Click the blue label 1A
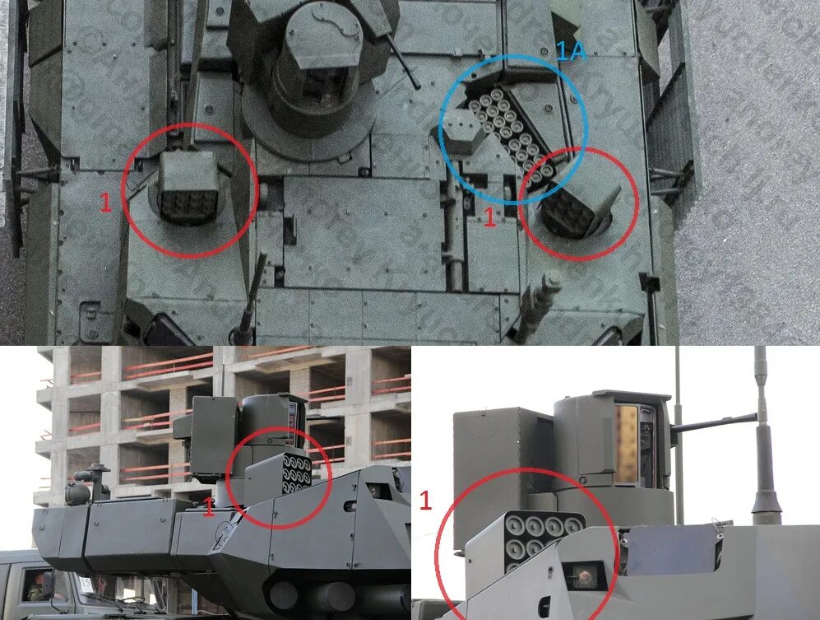pos(569,53)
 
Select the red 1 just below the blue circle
pos(489,217)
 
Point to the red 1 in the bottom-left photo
pos(209,506)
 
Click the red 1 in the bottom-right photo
pos(425,500)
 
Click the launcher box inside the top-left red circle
pos(189,188)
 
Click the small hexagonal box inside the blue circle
pos(463,132)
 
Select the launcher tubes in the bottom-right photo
pos(540,538)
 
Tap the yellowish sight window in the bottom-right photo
pos(626,445)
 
